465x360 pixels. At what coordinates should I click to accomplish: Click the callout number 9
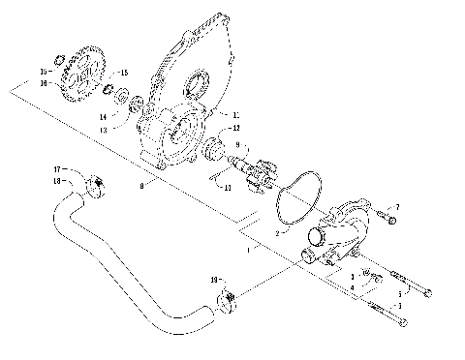pyautogui.click(x=234, y=145)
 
